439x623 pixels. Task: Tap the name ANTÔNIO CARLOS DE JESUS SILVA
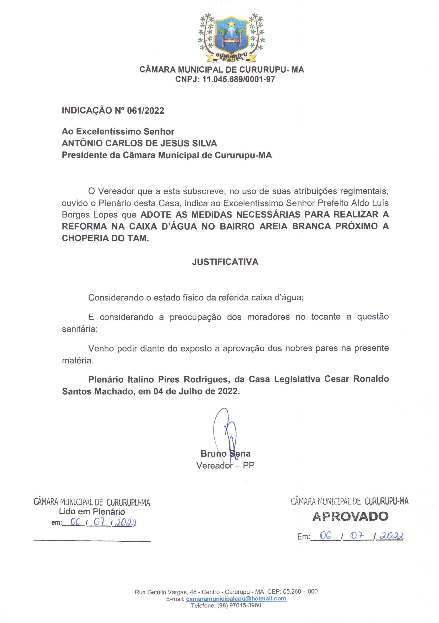[139, 143]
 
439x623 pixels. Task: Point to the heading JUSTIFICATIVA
[225, 262]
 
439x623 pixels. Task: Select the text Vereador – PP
[225, 466]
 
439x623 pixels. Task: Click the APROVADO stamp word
[350, 516]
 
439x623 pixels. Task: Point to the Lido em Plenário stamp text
[92, 512]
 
